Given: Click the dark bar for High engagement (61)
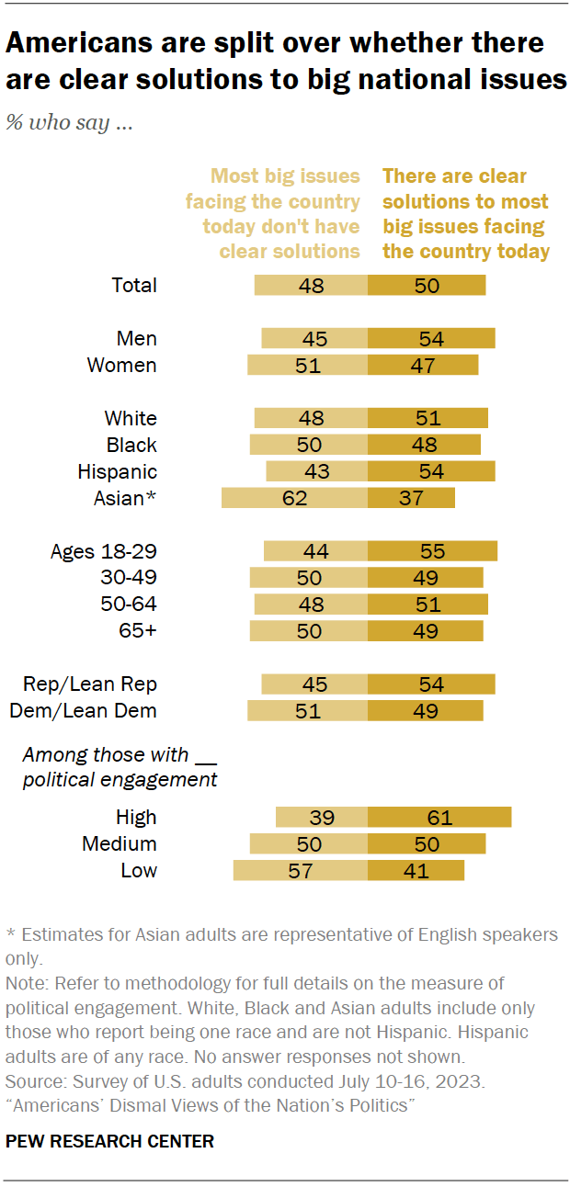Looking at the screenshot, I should pos(439,818).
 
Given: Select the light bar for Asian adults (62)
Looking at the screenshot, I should pos(294,498).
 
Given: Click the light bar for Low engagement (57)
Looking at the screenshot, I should pos(301,870).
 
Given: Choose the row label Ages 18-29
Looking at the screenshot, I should pos(103,551).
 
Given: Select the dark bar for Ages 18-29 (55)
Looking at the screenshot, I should pos(432,551).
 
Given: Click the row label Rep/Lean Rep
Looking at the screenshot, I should pos(90,684).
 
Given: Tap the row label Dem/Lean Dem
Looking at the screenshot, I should pos(83,710).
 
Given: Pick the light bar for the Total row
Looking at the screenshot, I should pos(311,285).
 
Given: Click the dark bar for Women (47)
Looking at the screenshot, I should pos(423,365).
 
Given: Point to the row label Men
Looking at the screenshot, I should pos(137,338).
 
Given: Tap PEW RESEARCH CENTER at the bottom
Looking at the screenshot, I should pos(109,1142).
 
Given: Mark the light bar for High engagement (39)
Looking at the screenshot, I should pos(322,818).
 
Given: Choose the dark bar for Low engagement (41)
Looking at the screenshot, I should pos(416,870).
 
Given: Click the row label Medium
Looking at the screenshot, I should pos(120,843).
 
